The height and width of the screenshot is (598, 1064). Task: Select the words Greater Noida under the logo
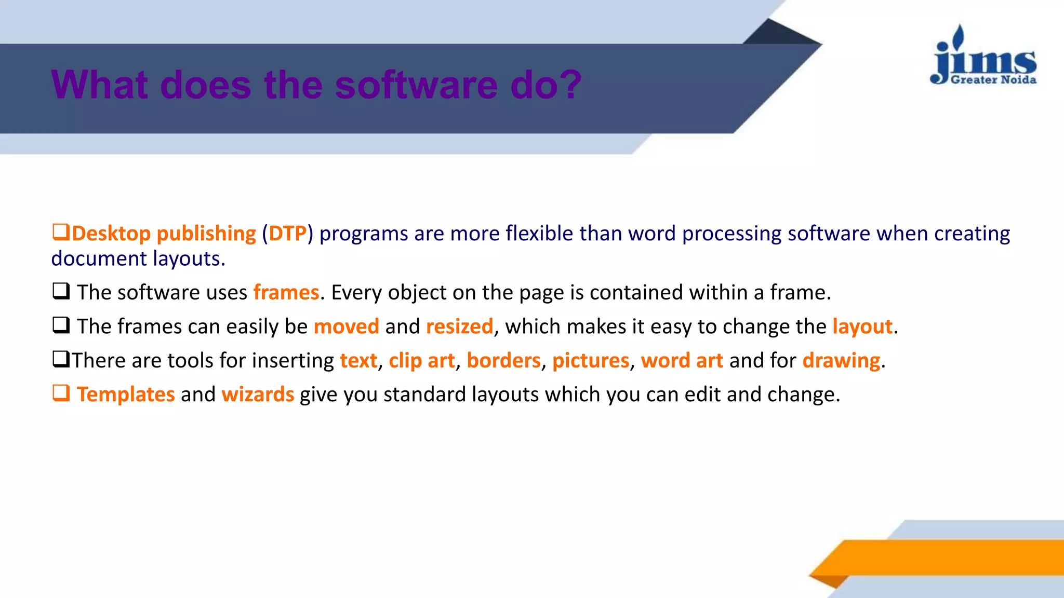993,80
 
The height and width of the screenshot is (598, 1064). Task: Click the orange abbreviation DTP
287,234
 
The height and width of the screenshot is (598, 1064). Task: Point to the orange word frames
286,293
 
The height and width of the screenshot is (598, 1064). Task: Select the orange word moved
346,327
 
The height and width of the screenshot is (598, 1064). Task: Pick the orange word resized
459,327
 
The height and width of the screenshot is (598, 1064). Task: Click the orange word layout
862,327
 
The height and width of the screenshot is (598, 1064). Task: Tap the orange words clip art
421,361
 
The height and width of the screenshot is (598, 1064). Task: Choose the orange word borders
503,361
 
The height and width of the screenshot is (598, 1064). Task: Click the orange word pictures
590,361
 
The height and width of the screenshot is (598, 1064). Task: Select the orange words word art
682,361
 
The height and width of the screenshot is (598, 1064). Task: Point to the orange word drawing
841,361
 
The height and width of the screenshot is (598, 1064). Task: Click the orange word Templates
126,395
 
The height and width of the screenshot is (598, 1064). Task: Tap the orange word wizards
258,395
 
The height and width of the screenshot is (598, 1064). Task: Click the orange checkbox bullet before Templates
61,393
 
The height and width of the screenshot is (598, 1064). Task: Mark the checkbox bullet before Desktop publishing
61,232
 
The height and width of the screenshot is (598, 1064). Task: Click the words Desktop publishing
164,234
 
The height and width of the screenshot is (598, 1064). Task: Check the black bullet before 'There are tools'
61,359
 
